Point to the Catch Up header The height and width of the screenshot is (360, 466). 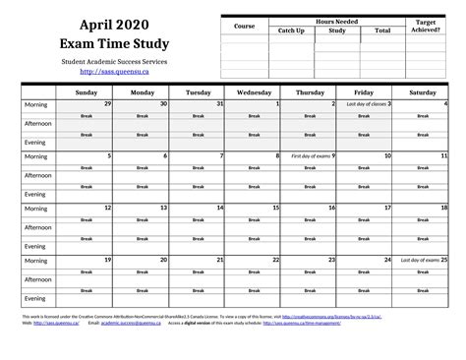(291, 30)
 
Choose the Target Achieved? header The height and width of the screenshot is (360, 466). (426, 26)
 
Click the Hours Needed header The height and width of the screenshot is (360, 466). (336, 21)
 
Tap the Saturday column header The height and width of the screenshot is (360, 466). (423, 91)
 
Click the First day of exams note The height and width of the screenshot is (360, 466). (310, 155)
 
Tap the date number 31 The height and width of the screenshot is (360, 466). (221, 103)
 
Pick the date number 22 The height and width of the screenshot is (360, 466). (277, 260)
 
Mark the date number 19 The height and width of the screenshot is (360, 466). (108, 260)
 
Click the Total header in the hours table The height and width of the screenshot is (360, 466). (382, 30)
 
